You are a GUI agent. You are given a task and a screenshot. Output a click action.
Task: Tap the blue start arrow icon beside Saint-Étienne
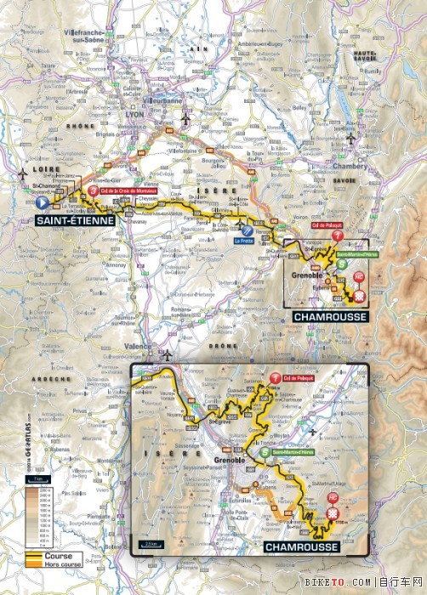tap(41, 203)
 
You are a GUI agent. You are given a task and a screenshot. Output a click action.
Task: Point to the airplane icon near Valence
tap(168, 354)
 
